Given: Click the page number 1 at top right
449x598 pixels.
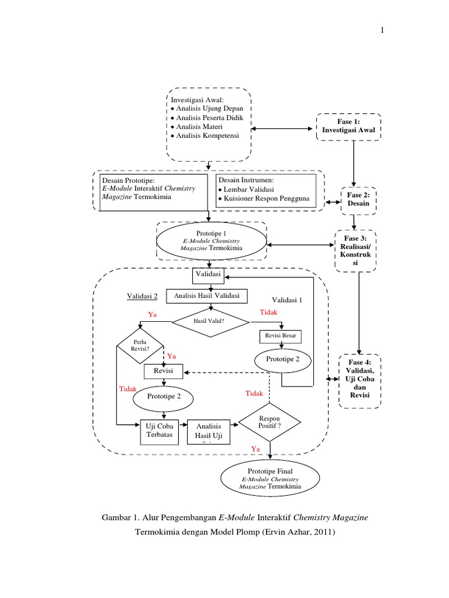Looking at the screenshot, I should pyautogui.click(x=383, y=31).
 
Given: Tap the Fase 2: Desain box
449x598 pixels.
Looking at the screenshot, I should pyautogui.click(x=360, y=200).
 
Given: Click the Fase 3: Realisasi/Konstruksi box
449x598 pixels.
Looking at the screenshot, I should pyautogui.click(x=355, y=251).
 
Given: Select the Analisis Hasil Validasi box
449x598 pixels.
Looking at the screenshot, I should pyautogui.click(x=207, y=295).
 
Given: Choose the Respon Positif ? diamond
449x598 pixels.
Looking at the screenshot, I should pyautogui.click(x=270, y=422).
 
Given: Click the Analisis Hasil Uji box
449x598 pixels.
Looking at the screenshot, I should pyautogui.click(x=209, y=433).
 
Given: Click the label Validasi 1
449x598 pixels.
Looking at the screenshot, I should pyautogui.click(x=288, y=300).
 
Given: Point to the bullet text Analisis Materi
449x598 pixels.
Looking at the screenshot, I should pyautogui.click(x=200, y=127).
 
